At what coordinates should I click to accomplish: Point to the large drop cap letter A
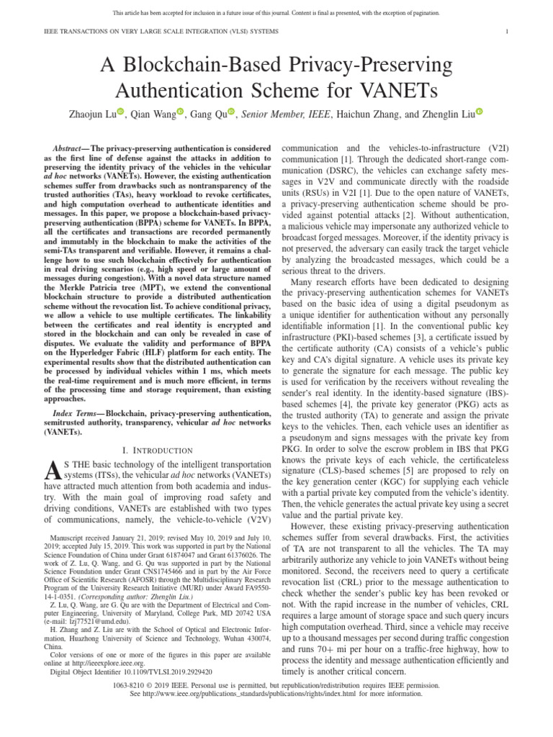tap(51, 471)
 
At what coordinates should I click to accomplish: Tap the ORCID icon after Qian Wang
tap(180, 112)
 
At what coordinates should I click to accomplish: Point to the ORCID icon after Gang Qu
tap(231, 112)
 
